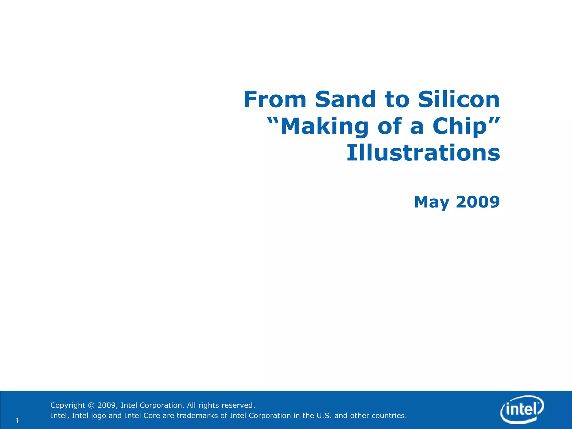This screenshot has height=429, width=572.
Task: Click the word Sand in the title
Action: [345, 99]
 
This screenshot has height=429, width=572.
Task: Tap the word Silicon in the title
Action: [459, 99]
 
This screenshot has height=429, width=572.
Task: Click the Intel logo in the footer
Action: [522, 409]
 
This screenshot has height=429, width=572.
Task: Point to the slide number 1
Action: [17, 420]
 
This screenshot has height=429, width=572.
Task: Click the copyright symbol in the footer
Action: [91, 405]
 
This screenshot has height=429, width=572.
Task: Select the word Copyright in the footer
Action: [68, 405]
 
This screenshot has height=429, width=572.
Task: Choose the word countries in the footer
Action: [389, 416]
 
